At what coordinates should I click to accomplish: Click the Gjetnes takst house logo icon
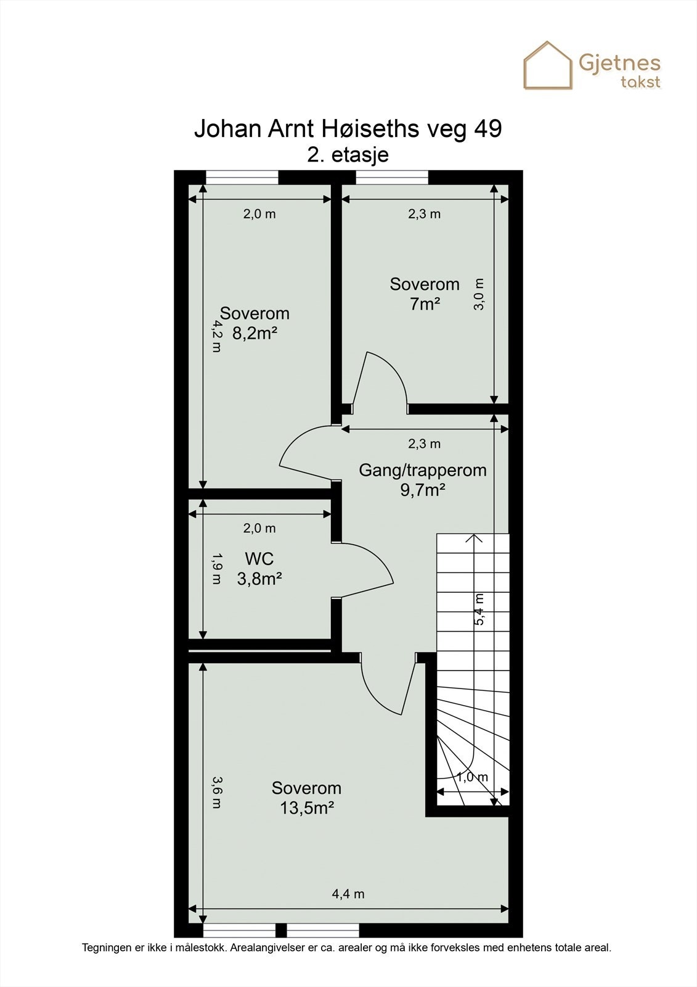click(x=548, y=65)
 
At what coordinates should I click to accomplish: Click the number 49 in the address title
click(x=488, y=129)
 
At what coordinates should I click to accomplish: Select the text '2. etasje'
click(x=348, y=155)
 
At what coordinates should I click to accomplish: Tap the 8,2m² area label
click(x=255, y=334)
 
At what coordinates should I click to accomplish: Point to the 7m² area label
click(x=425, y=304)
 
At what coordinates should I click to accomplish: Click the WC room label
click(x=259, y=559)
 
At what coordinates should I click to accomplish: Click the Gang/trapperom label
click(x=423, y=470)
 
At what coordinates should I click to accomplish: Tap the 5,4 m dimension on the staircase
click(x=479, y=608)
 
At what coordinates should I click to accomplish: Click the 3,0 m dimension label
click(x=479, y=294)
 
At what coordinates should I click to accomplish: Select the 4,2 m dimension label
click(x=216, y=336)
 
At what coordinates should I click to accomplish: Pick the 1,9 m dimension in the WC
click(x=216, y=568)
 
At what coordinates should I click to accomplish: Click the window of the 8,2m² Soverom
click(x=242, y=177)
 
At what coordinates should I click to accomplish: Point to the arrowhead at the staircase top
click(x=474, y=537)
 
